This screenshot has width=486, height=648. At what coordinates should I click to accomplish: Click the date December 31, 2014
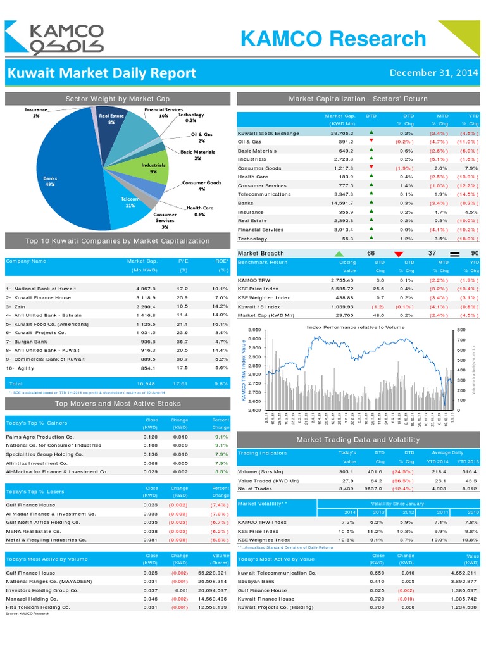pyautogui.click(x=433, y=72)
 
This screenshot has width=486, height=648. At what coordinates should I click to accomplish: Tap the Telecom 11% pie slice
pyautogui.click(x=130, y=202)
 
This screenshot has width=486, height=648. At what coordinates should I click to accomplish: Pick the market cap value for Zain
pyautogui.click(x=146, y=306)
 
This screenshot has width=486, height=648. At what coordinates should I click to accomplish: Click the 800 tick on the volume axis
pyautogui.click(x=460, y=330)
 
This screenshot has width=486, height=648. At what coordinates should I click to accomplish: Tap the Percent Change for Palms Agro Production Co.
pyautogui.click(x=221, y=437)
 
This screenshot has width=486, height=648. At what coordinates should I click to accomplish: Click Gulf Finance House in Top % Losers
pyautogui.click(x=30, y=505)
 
